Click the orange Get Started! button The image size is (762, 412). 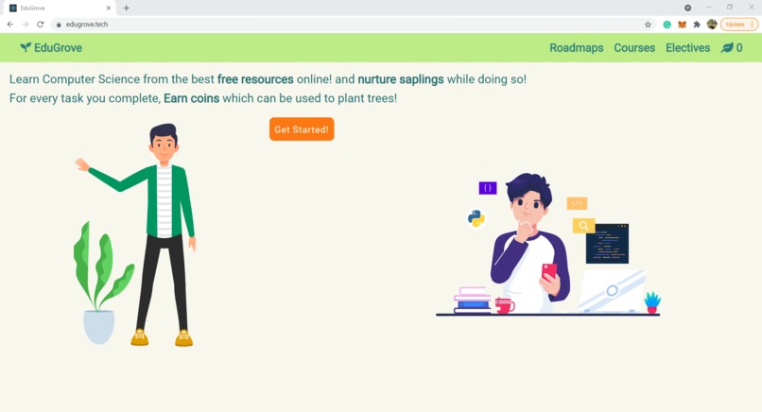tap(302, 129)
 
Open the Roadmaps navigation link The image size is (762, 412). tap(576, 48)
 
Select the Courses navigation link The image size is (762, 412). tap(634, 48)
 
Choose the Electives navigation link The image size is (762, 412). tap(687, 48)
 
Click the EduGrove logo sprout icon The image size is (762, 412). tap(26, 47)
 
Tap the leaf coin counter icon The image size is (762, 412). tap(727, 47)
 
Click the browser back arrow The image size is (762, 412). tap(10, 25)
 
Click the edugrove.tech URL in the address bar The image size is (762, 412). tap(87, 25)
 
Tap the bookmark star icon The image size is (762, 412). tap(648, 25)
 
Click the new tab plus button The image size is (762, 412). tap(127, 8)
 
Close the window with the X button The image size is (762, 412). tap(752, 8)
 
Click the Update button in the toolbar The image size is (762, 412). tap(736, 25)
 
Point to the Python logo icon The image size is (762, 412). tap(476, 218)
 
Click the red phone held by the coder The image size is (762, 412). tap(549, 271)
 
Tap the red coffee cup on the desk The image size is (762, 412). tap(504, 305)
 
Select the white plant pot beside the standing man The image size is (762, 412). tap(98, 326)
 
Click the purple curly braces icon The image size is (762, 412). tap(488, 188)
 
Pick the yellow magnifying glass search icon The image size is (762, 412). tap(583, 226)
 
